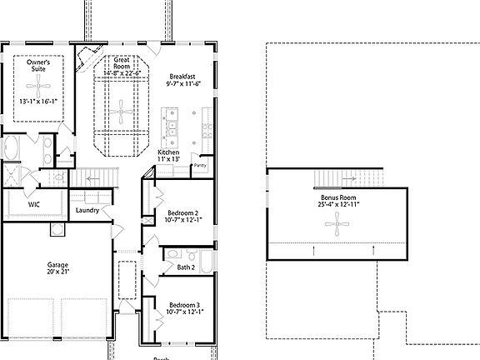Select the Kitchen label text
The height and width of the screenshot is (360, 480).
pyautogui.click(x=169, y=152)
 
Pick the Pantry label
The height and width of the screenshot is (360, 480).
pyautogui.click(x=200, y=165)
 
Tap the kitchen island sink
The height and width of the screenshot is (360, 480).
pyautogui.click(x=171, y=127)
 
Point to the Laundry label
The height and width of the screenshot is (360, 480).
pyautogui.click(x=87, y=211)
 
